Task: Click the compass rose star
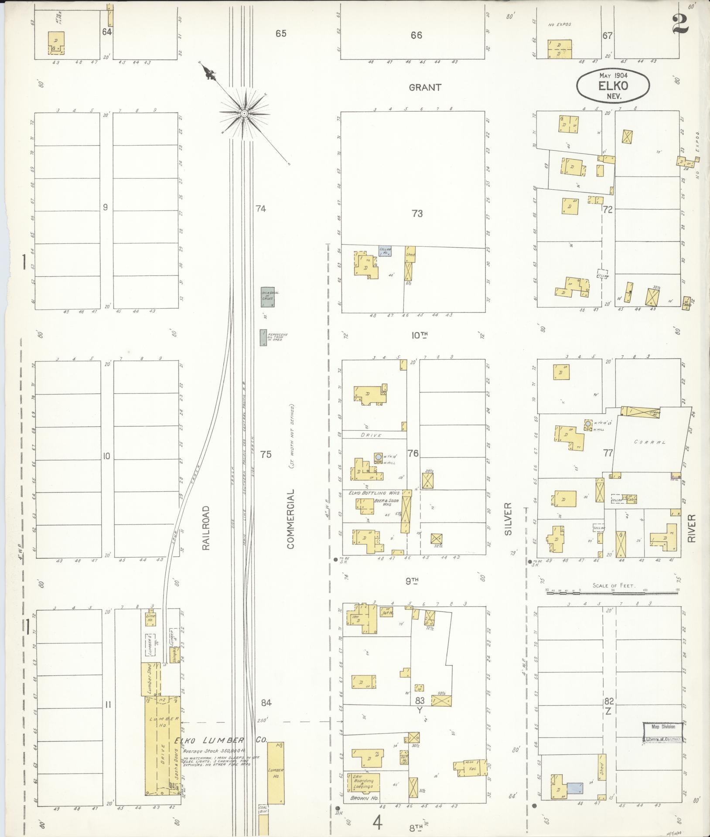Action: point(244,114)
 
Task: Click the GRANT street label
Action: point(425,88)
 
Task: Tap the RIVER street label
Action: point(692,527)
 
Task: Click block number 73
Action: point(417,214)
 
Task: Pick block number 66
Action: point(416,35)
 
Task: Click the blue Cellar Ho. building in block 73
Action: point(385,251)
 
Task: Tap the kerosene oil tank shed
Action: point(263,337)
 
